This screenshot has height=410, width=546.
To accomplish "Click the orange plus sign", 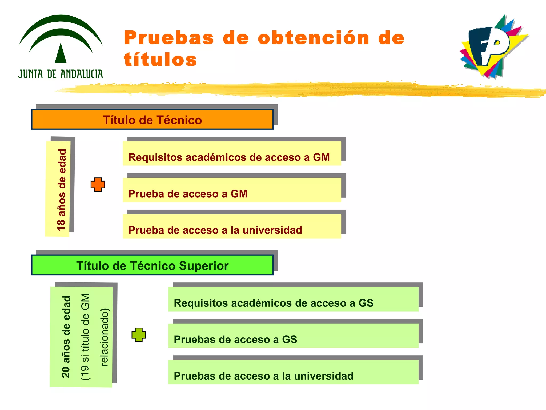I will tap(98, 184).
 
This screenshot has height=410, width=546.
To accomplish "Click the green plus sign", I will tap(139, 335).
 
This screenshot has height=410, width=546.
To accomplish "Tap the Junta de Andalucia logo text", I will tap(61, 74).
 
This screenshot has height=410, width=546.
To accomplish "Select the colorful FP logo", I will tap(493, 47).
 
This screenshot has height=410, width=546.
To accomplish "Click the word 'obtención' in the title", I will tap(314, 38).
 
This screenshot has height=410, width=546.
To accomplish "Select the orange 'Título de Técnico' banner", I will tap(152, 120).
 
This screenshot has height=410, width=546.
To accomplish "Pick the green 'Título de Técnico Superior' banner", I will tap(152, 265).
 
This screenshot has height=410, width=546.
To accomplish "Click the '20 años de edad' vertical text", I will tap(66, 337).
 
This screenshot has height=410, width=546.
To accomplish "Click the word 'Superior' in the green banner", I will tap(204, 266).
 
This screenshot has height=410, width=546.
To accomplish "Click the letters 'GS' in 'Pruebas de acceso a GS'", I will tap(289, 340).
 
